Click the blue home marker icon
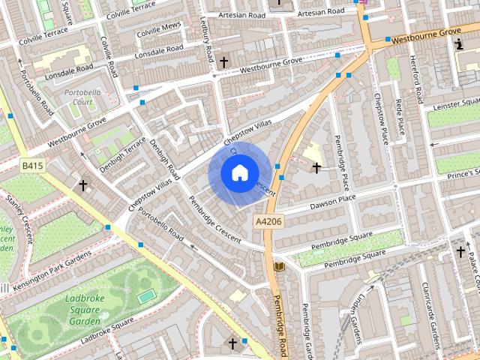tap(238, 173)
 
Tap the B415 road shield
tap(31, 165)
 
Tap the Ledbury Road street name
tap(208, 43)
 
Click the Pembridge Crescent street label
tap(214, 219)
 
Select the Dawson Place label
tap(310, 197)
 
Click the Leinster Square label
tap(454, 105)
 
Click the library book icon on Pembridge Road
tap(280, 266)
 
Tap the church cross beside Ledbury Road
tap(223, 61)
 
